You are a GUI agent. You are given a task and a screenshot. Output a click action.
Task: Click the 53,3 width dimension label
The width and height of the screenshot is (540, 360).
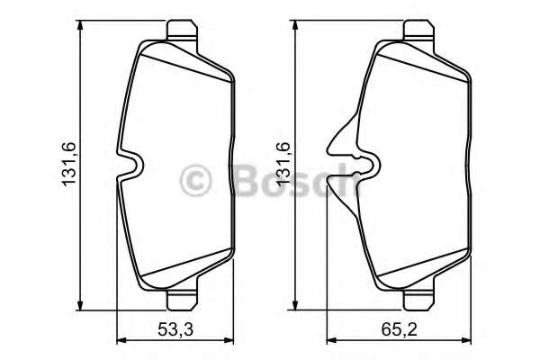coord(175,329)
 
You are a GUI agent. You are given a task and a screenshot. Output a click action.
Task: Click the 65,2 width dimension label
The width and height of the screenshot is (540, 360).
coord(399,329)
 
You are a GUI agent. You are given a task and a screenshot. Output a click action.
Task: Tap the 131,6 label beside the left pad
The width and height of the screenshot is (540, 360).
coord(68,165)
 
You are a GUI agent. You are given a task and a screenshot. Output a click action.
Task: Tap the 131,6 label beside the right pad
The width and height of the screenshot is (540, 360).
coord(283,165)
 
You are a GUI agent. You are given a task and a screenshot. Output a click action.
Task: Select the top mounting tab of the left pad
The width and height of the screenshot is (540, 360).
coord(182,31)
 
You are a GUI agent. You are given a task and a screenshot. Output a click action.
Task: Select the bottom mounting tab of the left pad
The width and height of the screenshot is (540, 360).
coord(182,300)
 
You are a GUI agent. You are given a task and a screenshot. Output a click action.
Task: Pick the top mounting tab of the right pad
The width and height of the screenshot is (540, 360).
coord(418,31)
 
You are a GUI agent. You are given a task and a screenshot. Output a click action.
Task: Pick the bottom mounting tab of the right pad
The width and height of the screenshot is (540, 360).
coord(418,300)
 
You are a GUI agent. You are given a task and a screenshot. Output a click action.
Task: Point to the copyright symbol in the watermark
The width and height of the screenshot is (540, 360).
coord(195,180)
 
